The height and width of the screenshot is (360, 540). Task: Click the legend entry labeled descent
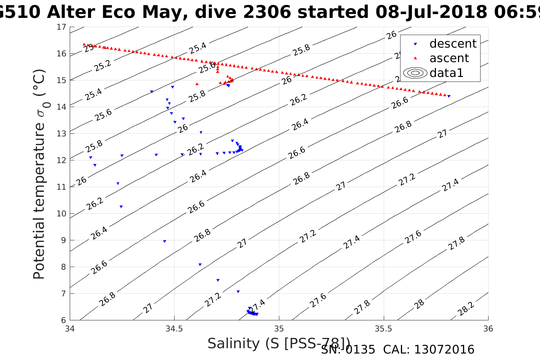click(x=453, y=44)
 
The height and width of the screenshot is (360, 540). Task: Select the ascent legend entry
click(x=449, y=58)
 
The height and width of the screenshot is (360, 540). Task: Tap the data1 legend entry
click(x=446, y=73)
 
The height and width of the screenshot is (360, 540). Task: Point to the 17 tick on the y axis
click(x=61, y=27)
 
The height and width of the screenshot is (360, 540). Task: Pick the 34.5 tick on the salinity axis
click(x=174, y=328)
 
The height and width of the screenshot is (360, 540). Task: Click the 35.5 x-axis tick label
click(x=383, y=328)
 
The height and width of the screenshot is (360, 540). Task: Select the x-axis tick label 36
click(x=488, y=328)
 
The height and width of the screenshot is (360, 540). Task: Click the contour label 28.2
click(x=466, y=309)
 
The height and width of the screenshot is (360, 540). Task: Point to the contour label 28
click(x=419, y=304)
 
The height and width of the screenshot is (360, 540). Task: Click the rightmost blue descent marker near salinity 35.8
click(x=449, y=96)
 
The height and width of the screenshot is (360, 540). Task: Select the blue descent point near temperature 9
click(x=165, y=242)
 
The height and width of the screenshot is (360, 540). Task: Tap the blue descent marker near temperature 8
click(x=200, y=265)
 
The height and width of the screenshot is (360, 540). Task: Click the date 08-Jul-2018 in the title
click(x=431, y=12)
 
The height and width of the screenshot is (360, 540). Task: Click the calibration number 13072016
click(x=444, y=350)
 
